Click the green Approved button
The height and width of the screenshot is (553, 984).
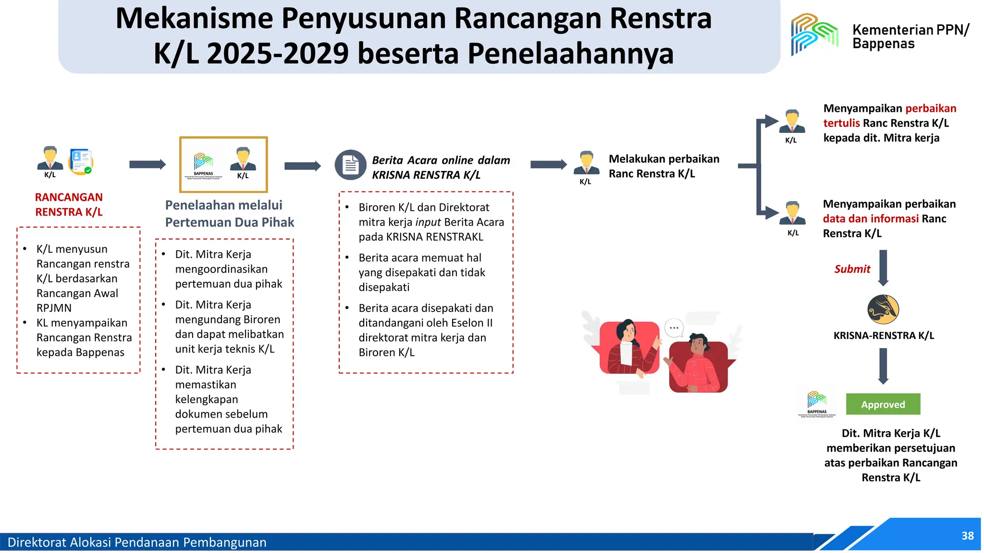[883, 404]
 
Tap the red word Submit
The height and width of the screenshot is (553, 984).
[852, 269]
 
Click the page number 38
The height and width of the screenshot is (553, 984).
[967, 536]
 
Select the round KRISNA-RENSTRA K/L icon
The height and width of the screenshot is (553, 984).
[883, 310]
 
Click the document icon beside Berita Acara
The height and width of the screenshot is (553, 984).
[350, 165]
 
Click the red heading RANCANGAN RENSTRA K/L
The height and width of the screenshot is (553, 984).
[69, 204]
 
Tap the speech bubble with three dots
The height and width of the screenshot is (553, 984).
[674, 328]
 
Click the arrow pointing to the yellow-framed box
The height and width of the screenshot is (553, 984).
[147, 164]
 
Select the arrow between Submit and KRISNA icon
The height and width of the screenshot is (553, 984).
[883, 267]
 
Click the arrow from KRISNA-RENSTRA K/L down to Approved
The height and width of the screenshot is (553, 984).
[883, 366]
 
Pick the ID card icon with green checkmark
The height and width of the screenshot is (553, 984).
[81, 162]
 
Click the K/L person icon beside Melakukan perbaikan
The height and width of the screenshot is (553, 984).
[586, 164]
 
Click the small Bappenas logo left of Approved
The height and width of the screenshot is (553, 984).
[817, 402]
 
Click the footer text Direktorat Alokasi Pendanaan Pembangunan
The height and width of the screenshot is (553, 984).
[137, 542]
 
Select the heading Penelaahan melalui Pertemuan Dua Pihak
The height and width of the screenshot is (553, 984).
[229, 214]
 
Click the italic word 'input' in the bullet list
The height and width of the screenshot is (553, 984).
[428, 222]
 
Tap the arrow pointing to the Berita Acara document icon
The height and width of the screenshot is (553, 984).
[302, 166]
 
